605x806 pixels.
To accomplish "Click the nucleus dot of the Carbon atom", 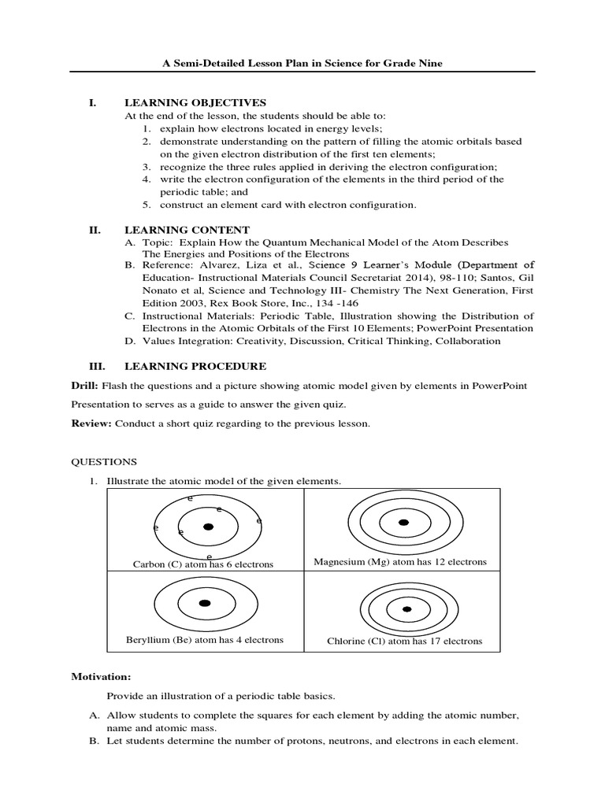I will tap(208, 527).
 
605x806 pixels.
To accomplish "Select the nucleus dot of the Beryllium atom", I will tap(205, 603).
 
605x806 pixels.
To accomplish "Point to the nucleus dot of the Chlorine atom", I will tap(406, 608).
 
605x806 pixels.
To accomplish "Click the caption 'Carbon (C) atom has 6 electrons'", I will tap(202, 564).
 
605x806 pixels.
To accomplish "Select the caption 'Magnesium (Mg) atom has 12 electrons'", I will tap(400, 562).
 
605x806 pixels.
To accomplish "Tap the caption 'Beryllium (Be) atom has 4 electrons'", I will tap(205, 640).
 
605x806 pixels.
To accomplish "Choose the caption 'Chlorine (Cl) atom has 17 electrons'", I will tap(404, 641).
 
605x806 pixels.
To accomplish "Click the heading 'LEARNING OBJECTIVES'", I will tap(195, 102).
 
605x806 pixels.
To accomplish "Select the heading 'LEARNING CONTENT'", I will tap(187, 230).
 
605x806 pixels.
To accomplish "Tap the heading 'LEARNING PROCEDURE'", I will tap(195, 366).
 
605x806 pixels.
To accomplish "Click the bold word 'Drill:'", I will tap(84, 386).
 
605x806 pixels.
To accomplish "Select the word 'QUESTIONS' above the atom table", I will tap(104, 462).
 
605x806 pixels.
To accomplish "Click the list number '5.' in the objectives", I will tap(147, 205).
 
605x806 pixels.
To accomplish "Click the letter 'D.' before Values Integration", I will tap(131, 341).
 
